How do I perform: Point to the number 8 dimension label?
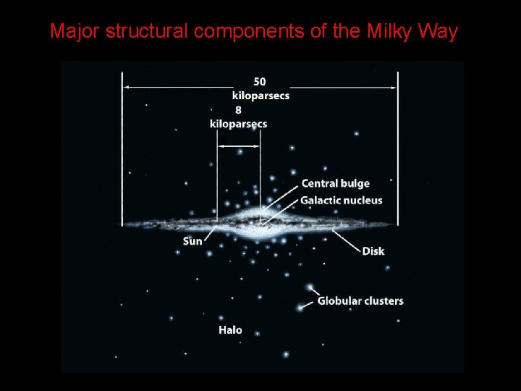tap(238, 110)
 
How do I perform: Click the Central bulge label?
tap(335, 183)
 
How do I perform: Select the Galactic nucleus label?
tap(341, 200)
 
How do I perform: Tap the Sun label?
tap(192, 240)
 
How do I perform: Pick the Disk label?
tap(373, 251)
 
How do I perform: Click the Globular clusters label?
tap(360, 300)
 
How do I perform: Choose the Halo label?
tap(230, 329)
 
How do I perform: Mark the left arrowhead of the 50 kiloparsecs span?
tap(125, 87)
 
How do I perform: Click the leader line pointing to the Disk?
tap(345, 240)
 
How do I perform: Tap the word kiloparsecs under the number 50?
tap(260, 96)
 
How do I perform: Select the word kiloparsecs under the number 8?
tap(238, 124)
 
